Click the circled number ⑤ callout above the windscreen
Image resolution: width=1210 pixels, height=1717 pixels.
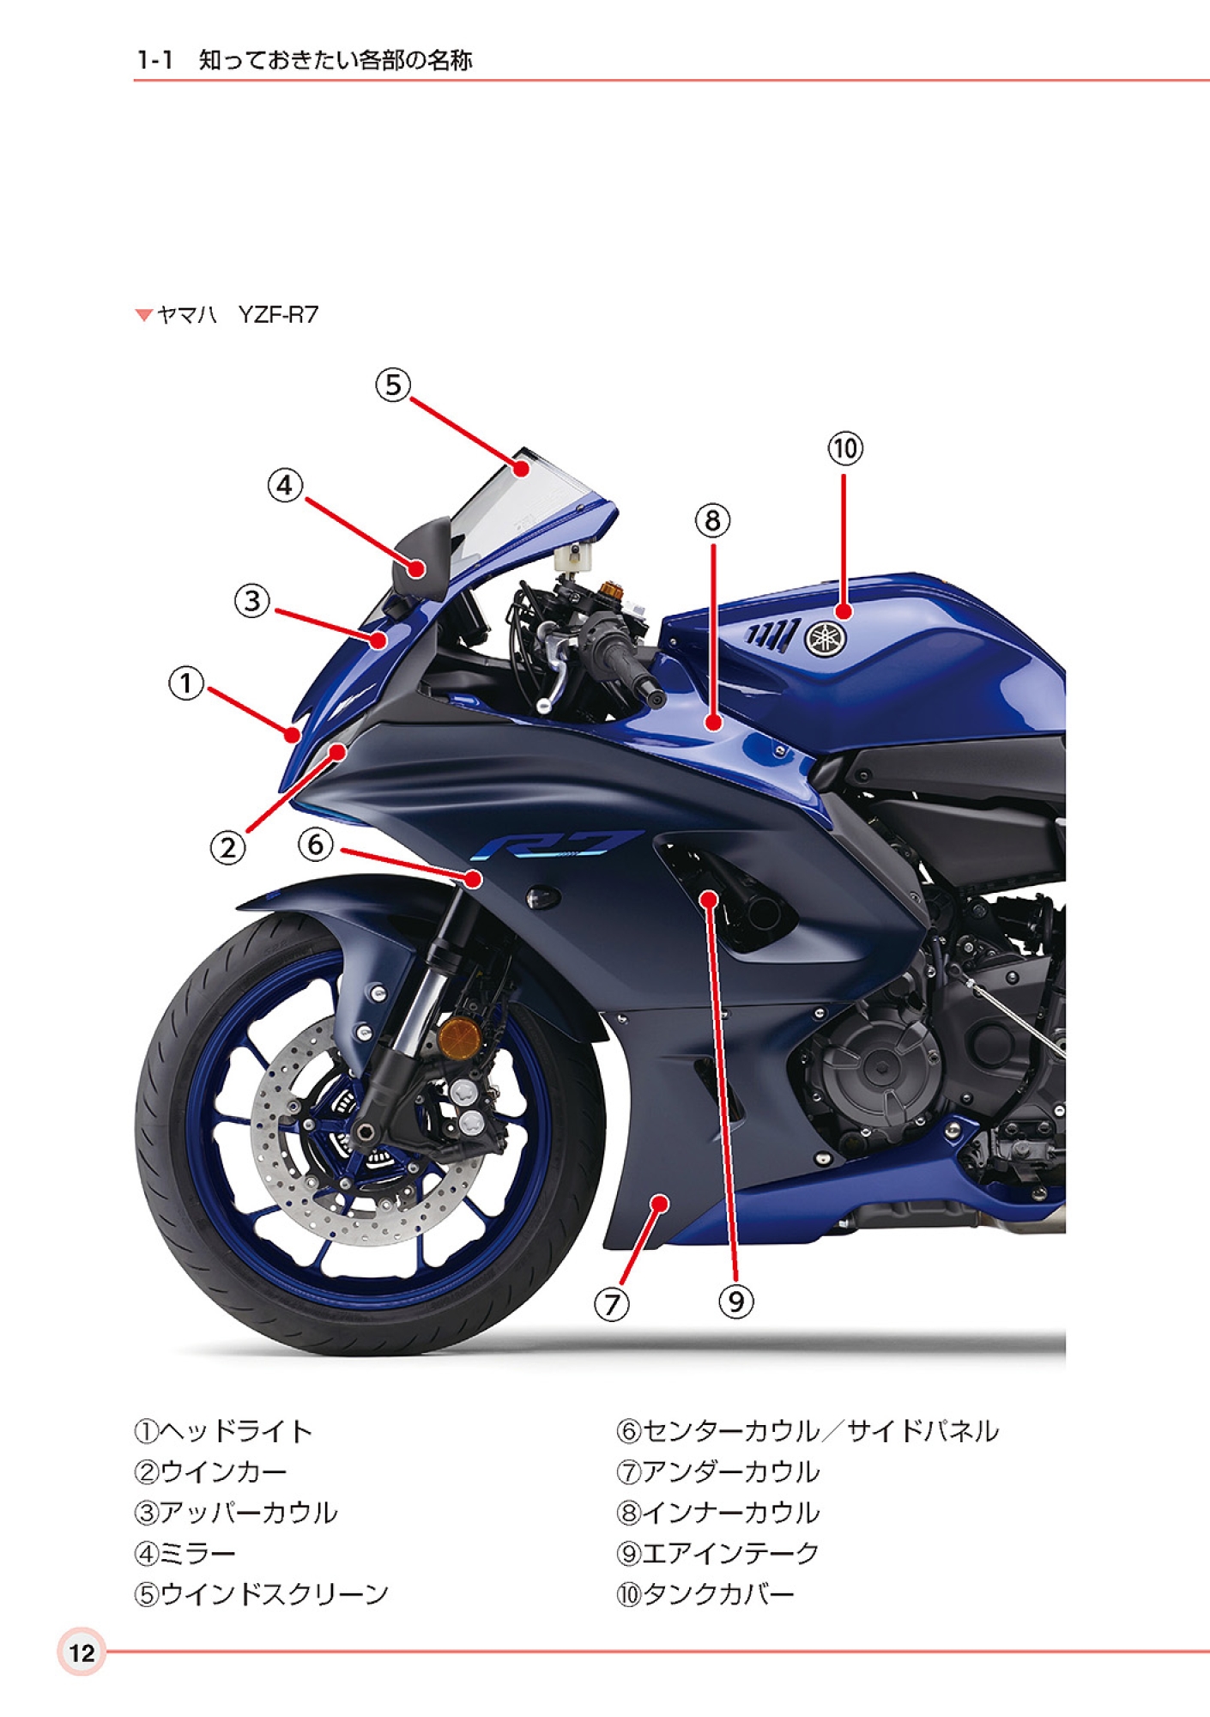[393, 385]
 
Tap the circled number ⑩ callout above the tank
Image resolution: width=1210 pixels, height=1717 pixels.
[845, 448]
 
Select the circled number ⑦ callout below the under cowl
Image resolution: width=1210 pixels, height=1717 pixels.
[612, 1304]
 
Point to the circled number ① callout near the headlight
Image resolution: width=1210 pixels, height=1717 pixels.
[186, 683]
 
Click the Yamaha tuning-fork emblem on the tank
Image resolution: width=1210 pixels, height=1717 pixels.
[825, 638]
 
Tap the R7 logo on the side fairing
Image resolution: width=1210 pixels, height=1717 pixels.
[556, 845]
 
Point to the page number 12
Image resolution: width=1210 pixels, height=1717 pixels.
[82, 1653]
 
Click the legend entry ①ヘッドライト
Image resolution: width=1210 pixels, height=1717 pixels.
[223, 1431]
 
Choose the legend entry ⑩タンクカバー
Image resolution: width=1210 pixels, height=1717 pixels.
[705, 1594]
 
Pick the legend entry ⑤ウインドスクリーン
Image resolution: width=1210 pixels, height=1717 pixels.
[261, 1594]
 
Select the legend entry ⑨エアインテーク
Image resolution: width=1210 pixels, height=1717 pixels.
[717, 1553]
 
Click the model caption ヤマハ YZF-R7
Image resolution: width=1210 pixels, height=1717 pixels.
[237, 315]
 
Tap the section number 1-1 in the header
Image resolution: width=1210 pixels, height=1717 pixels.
[155, 60]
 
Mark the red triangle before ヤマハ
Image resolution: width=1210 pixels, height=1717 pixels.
[143, 315]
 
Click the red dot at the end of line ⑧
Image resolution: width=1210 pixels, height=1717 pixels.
[713, 723]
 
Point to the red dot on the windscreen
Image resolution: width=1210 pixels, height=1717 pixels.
[522, 469]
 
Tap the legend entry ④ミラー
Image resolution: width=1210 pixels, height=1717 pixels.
[185, 1553]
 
